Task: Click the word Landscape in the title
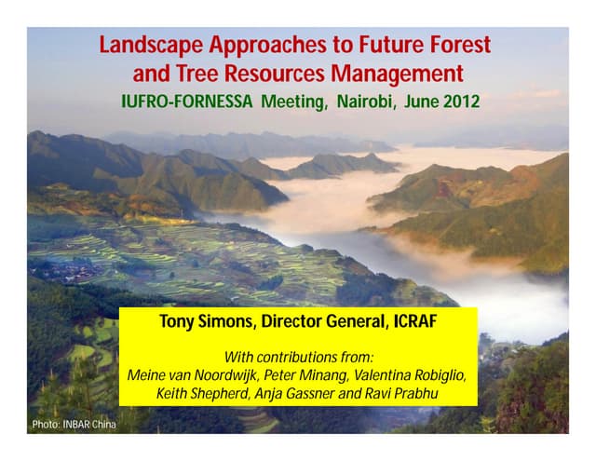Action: coord(149,44)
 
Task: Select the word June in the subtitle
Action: coord(418,101)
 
